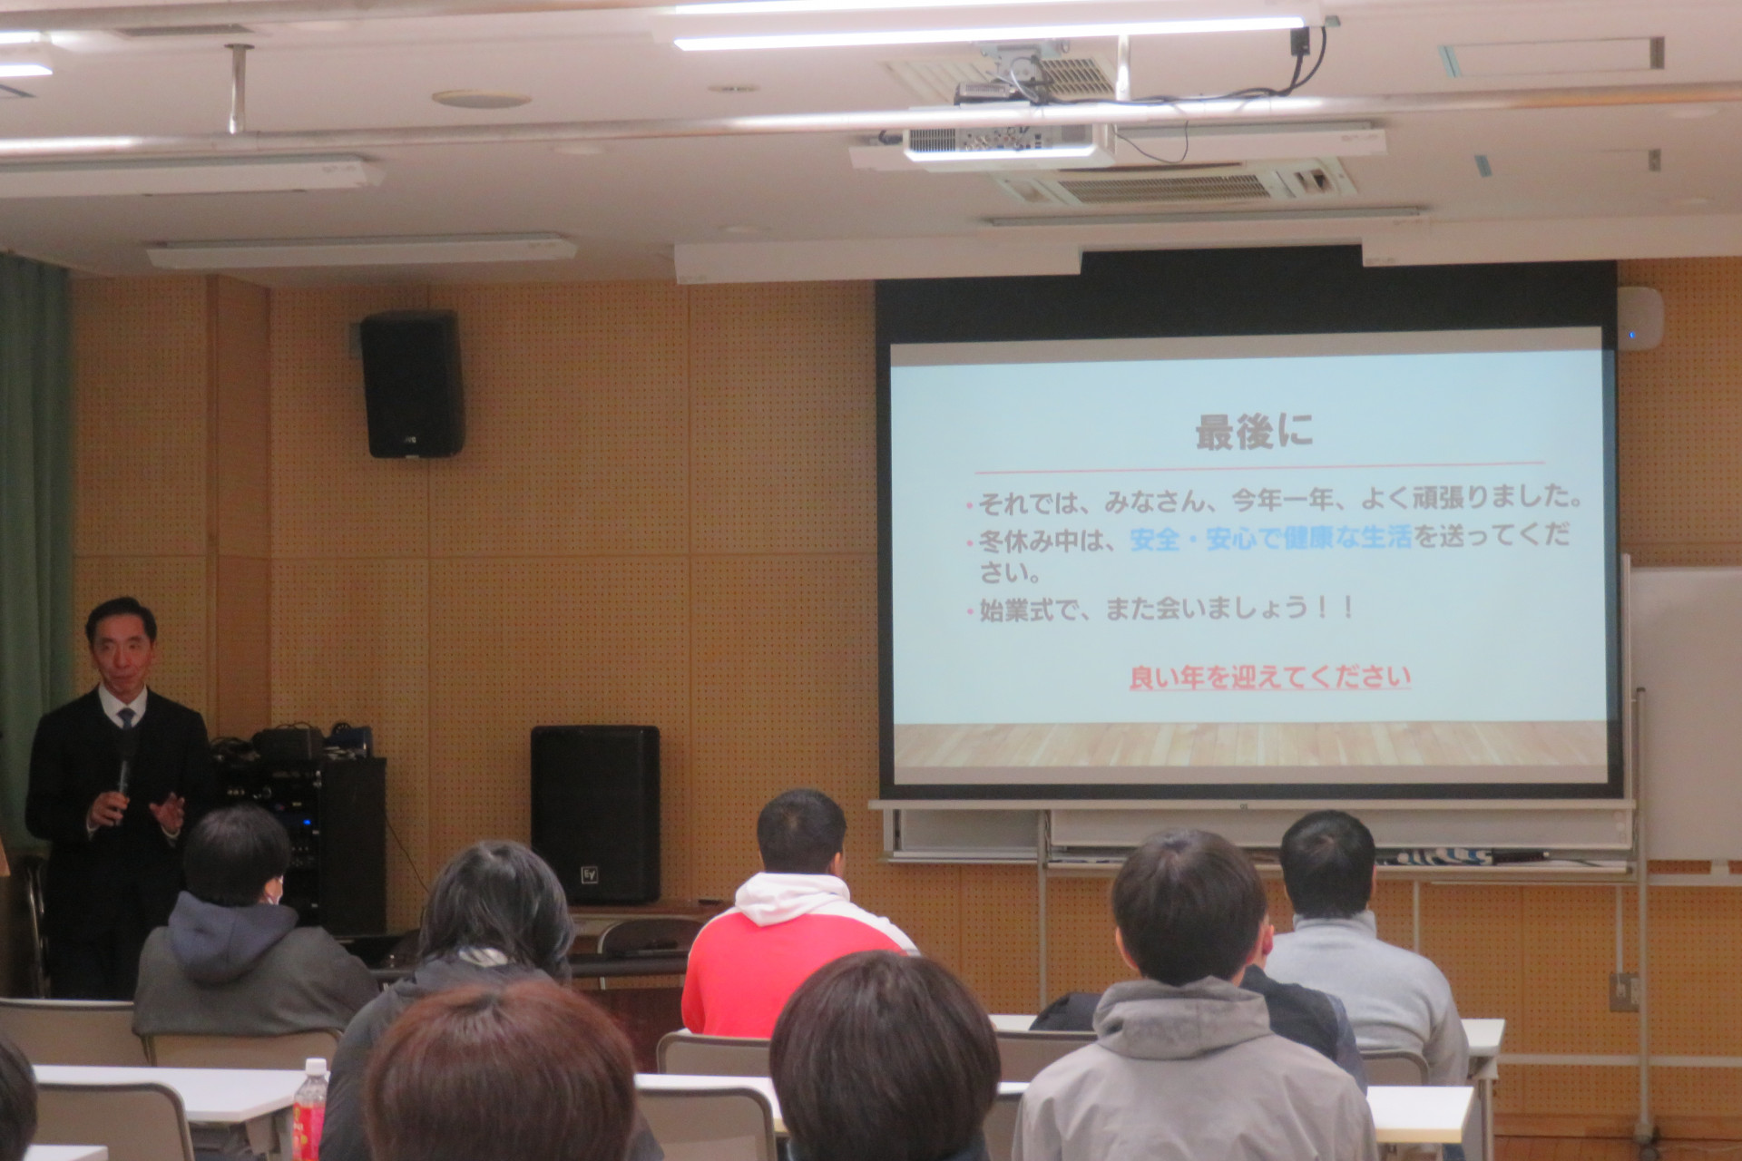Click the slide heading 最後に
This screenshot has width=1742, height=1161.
tap(1254, 434)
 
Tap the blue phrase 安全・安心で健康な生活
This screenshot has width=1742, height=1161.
tap(1271, 539)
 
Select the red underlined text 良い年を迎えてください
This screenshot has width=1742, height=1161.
tap(1270, 678)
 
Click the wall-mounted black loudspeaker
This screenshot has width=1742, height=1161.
tap(412, 384)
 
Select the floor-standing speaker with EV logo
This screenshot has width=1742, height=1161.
tap(594, 814)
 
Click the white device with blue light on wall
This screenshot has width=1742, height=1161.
tap(1640, 318)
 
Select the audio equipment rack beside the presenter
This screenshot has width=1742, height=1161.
tap(299, 830)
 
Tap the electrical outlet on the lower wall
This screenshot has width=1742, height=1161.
tap(1624, 991)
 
